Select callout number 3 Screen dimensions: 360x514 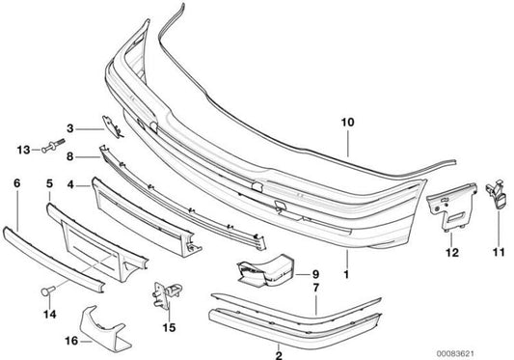tap(70, 127)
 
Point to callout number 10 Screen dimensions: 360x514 tap(347, 124)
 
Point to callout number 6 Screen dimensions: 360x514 tap(14, 181)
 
